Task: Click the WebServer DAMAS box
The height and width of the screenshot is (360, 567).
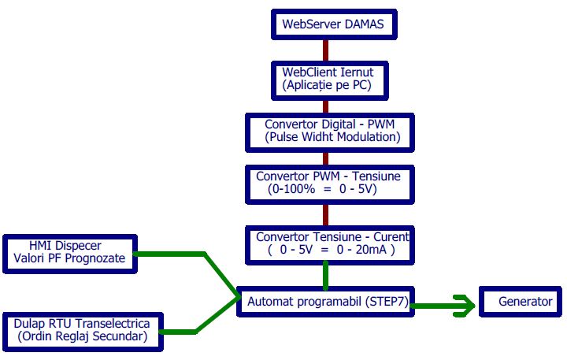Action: point(333,24)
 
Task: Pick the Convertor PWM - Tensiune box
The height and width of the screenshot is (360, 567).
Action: point(328,183)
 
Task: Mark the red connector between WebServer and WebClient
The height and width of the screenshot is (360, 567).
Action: point(324,50)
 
